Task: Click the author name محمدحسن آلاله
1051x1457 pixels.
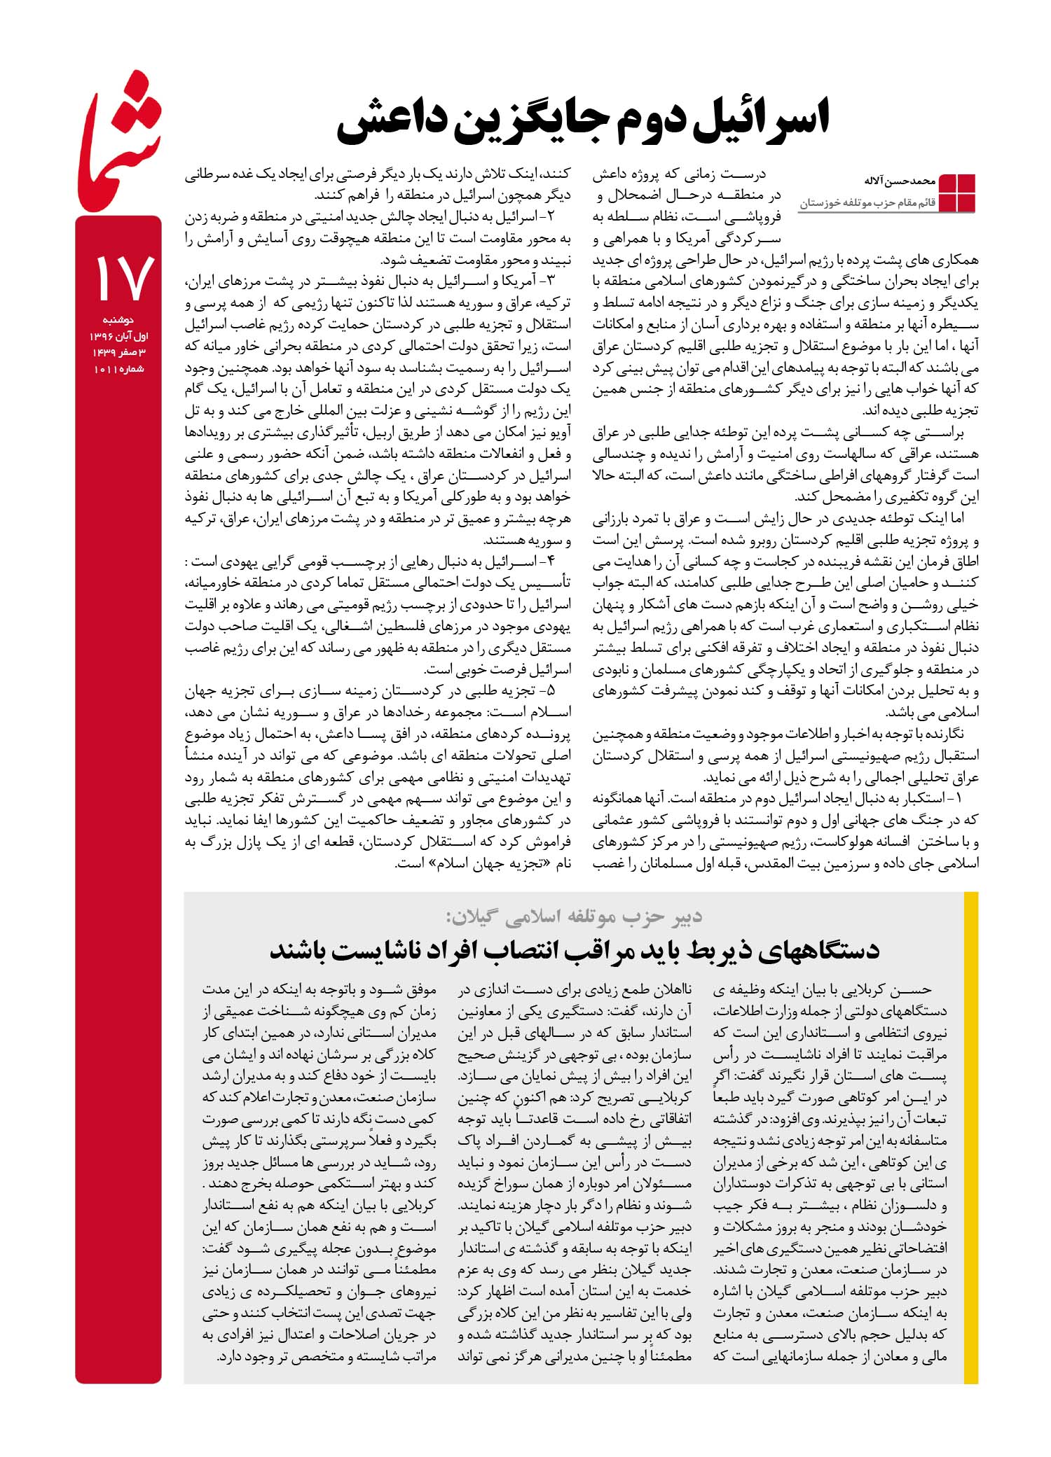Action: point(900,181)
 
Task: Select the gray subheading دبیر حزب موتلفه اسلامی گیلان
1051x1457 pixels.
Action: point(573,916)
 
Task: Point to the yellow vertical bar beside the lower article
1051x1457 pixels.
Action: point(971,1138)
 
